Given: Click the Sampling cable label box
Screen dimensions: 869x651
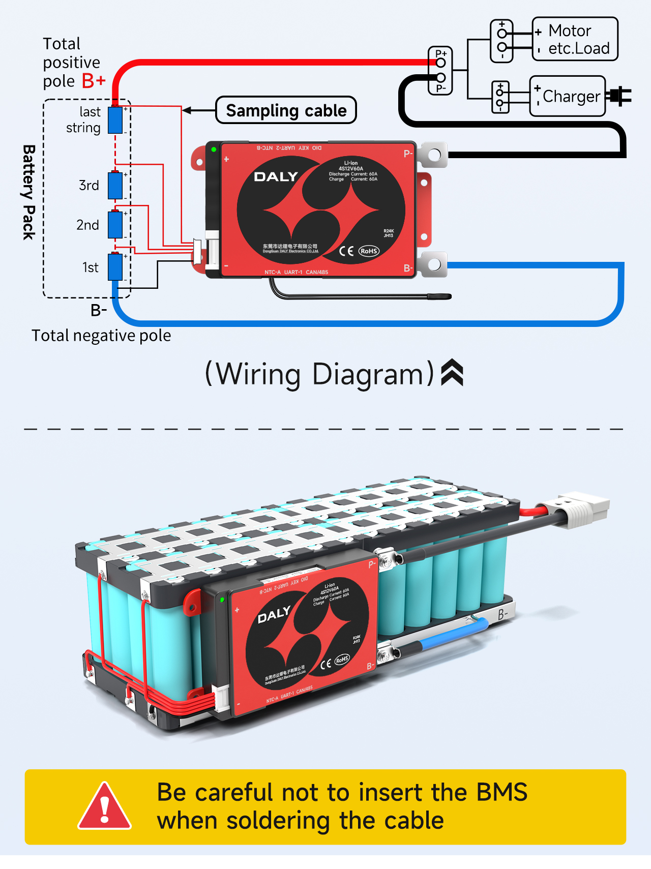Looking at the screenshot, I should pos(286,110).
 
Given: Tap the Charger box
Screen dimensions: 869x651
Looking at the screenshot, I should pos(568,96).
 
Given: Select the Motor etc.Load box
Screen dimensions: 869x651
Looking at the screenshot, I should pos(575,39).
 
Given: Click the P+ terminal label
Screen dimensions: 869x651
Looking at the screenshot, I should pos(440,53).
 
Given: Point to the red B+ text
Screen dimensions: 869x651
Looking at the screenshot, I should pos(94,81).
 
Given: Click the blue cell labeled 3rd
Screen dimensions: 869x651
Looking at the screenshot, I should pos(115,186).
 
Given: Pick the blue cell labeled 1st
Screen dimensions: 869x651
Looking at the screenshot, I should pos(115,267).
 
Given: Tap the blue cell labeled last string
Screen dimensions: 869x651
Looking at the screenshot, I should pos(115,120).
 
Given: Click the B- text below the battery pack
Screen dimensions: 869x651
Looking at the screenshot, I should pos(99,310).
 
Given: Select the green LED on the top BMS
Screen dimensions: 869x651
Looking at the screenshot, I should pos(214,149).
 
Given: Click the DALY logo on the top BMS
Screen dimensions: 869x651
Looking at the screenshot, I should pos(276,177).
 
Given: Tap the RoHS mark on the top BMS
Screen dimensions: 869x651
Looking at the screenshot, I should pos(369,251).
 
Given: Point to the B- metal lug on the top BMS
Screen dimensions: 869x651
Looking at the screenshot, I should pos(433,264).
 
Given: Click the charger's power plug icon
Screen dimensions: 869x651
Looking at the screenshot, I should pos(620,96).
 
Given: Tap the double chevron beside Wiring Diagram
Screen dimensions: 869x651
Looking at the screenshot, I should pos(452,373).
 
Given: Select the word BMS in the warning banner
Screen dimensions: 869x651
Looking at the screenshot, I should pos(501,792).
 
